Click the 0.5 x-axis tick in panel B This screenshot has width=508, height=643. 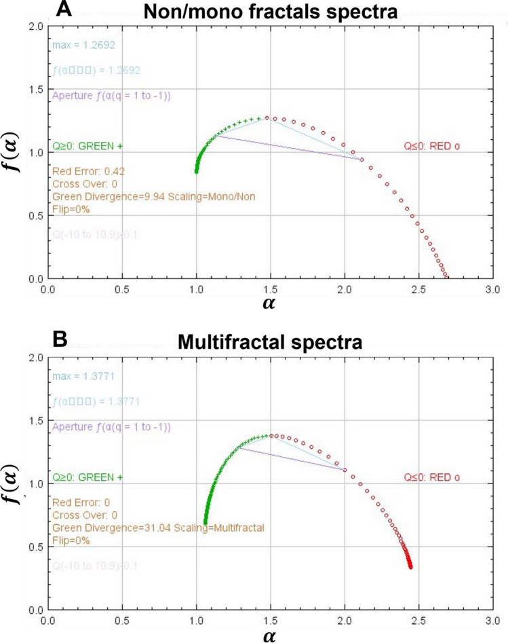tap(122, 621)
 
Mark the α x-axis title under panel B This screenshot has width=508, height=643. tap(270, 635)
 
